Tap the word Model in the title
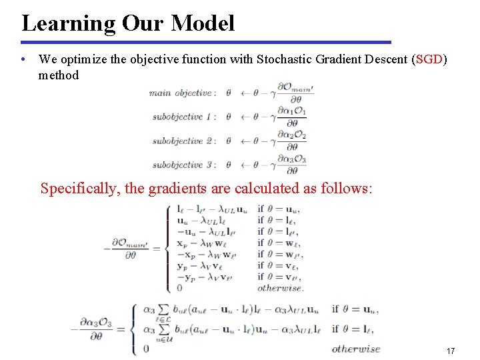point(203,23)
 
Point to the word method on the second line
point(59,75)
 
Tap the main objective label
point(180,93)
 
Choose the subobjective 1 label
point(184,117)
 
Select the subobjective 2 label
point(184,141)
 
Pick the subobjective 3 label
point(184,165)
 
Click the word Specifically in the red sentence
point(79,189)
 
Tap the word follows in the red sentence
point(345,189)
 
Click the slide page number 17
point(450,351)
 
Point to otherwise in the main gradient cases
point(281,288)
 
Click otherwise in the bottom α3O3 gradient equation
point(356,348)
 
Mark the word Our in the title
point(143,24)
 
